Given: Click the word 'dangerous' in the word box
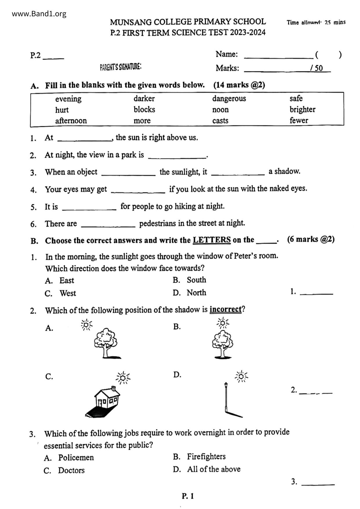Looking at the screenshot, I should click(229, 99).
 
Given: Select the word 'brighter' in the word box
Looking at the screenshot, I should click(302, 109).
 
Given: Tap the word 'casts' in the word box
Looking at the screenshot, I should click(220, 120).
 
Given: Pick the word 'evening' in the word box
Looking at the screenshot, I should click(68, 99).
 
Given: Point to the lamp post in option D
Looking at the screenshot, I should click(226, 398).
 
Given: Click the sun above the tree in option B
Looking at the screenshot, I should click(223, 323).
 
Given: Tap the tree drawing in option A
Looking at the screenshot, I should click(106, 342).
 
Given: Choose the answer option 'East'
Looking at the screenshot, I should click(66, 280).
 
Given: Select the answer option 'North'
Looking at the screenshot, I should click(196, 293).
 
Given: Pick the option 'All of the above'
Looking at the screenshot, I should click(214, 469).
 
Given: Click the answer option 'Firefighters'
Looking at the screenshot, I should click(206, 456).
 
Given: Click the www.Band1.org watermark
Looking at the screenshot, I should click(39, 14).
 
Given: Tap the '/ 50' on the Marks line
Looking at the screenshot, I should click(316, 68).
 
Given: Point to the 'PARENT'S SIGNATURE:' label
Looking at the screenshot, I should click(120, 67).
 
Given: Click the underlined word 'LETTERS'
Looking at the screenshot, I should click(212, 240).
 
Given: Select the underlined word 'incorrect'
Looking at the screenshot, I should click(225, 309).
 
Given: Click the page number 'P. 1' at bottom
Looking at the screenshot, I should click(188, 496).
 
